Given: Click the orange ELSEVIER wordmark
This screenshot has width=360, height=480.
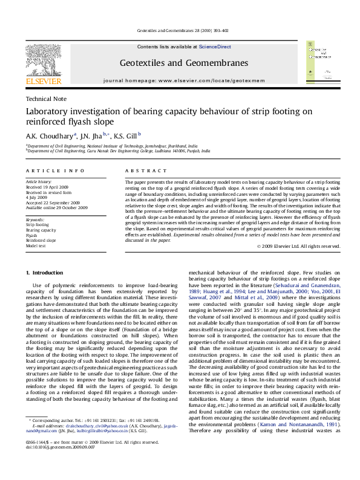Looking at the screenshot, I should click(x=43, y=80).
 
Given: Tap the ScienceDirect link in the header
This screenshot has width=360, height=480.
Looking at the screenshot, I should click(x=215, y=47).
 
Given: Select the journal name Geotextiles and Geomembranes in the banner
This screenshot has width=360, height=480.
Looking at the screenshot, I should click(x=184, y=63).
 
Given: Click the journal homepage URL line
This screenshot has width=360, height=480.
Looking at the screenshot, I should click(x=184, y=80).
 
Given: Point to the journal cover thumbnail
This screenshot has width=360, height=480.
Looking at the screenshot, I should click(x=319, y=63).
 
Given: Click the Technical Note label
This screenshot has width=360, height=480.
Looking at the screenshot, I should click(x=46, y=99).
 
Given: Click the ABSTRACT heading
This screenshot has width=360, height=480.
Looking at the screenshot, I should click(x=139, y=171).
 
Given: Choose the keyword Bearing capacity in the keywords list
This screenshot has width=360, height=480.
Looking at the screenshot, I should click(x=40, y=230).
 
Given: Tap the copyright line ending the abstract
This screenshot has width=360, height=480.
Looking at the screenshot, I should click(x=299, y=246).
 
